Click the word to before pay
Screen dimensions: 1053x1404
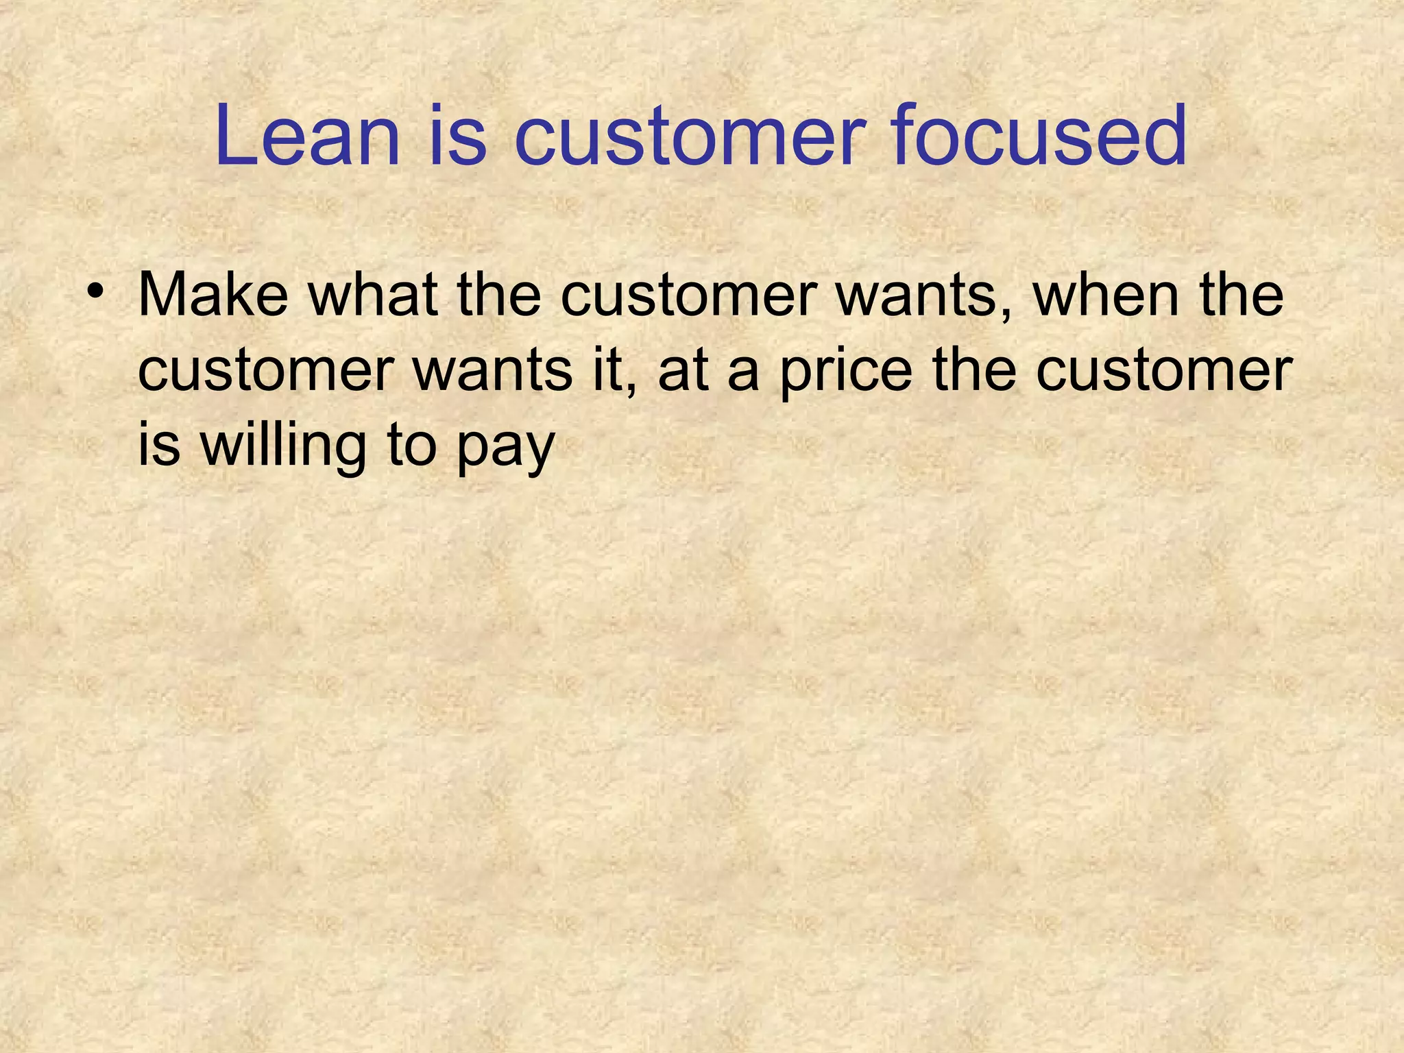coord(412,446)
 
